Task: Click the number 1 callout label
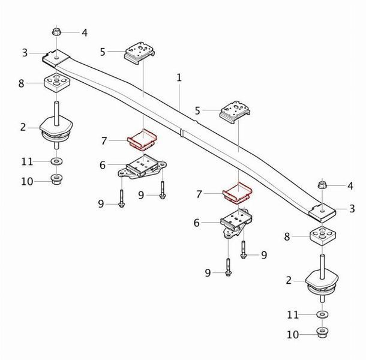click(179, 77)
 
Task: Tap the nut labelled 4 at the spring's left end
click(56, 32)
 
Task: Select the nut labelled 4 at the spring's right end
click(322, 185)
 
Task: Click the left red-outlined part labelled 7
click(142, 139)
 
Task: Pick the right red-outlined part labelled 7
click(238, 193)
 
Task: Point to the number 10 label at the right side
click(293, 335)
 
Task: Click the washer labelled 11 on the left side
click(56, 161)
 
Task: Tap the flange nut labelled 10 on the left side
click(56, 179)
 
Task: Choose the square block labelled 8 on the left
click(57, 82)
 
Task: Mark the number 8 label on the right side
click(287, 237)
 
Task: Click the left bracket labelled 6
click(142, 167)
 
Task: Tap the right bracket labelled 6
click(236, 223)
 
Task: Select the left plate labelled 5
click(140, 53)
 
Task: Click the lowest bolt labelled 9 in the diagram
click(228, 268)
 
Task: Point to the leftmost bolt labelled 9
click(122, 198)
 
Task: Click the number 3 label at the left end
click(25, 53)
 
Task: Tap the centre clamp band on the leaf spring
click(182, 133)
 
